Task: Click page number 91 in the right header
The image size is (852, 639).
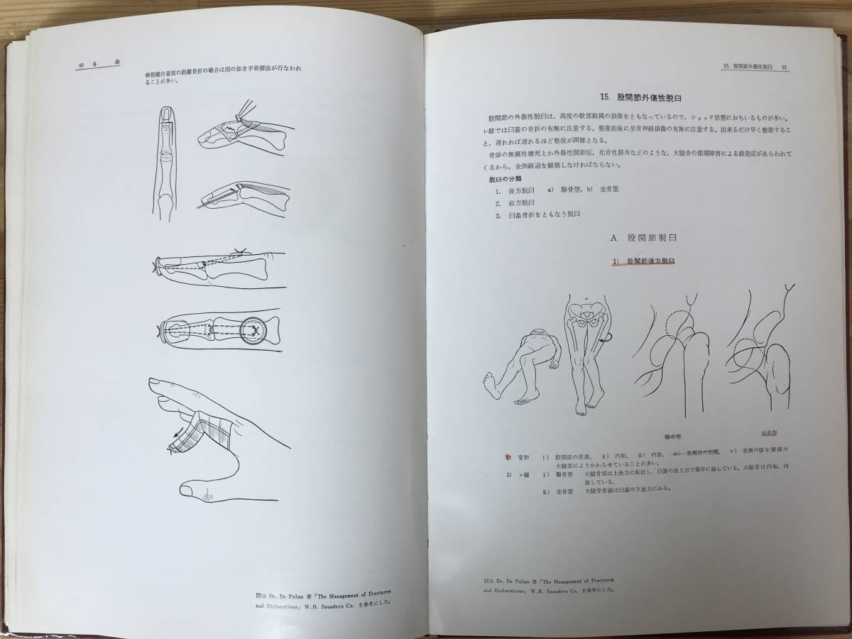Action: (x=785, y=66)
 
